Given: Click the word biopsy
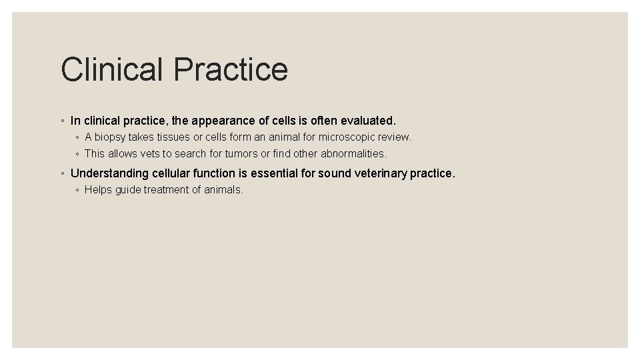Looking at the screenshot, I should coord(113,137).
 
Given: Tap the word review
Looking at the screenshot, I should coord(395,137).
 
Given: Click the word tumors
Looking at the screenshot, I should coord(240,154).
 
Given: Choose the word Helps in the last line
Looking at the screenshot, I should coord(99,190).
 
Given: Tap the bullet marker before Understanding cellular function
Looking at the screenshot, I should coord(62,174).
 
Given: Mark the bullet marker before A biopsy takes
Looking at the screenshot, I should coord(78,138).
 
